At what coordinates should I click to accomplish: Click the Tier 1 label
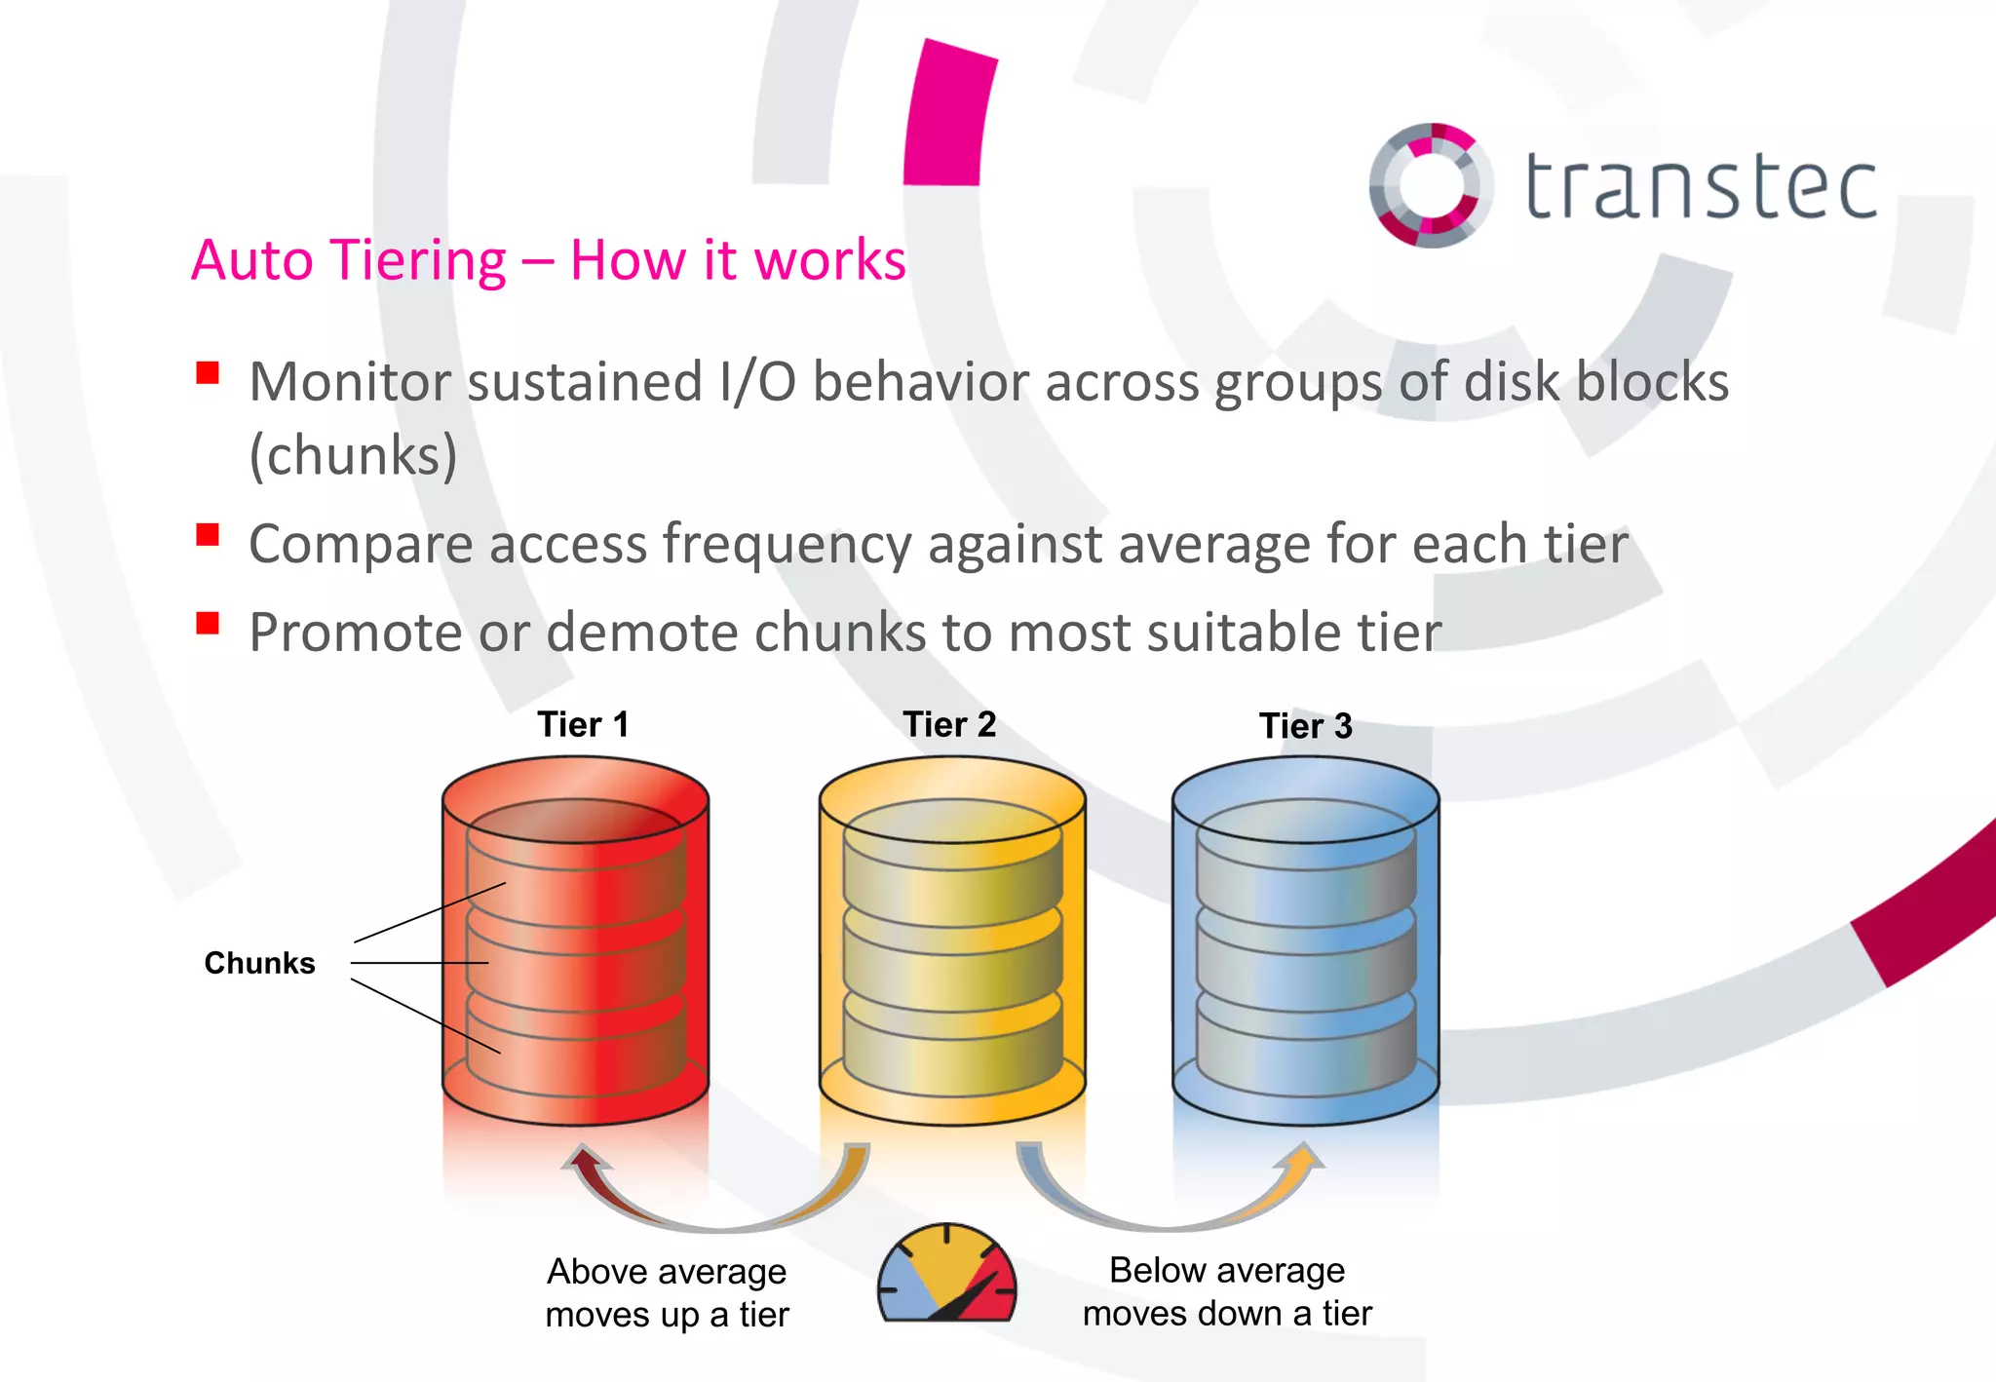(583, 725)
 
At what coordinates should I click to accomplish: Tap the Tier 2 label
(949, 725)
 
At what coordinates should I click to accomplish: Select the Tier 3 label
(1305, 726)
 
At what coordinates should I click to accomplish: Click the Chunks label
(259, 963)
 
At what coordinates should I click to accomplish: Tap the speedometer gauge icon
(946, 1275)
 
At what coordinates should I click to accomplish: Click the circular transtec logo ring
(1430, 185)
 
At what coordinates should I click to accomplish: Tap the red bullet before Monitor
(208, 373)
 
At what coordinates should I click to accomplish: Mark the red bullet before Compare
(208, 535)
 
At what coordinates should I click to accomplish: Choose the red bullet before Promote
(208, 624)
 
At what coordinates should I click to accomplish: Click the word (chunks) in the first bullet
(353, 454)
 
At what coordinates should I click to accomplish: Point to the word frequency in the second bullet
(787, 544)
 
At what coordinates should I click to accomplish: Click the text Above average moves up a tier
(667, 1292)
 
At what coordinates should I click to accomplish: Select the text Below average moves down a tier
(1226, 1291)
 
